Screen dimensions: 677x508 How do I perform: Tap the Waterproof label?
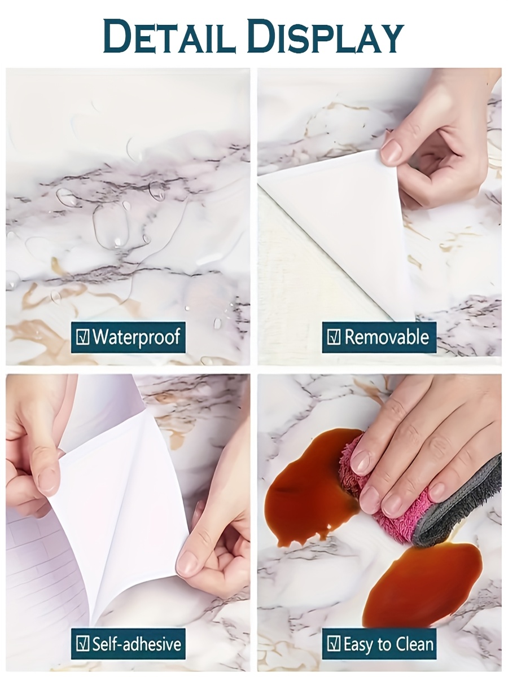136,337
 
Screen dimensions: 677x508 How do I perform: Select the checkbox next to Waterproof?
82,337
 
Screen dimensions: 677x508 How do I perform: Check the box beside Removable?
334,337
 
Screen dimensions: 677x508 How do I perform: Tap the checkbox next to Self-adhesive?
82,644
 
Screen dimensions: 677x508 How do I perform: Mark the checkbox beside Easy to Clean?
334,644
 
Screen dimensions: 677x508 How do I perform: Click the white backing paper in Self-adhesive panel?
119,508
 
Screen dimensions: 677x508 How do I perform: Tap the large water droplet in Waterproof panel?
110,226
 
